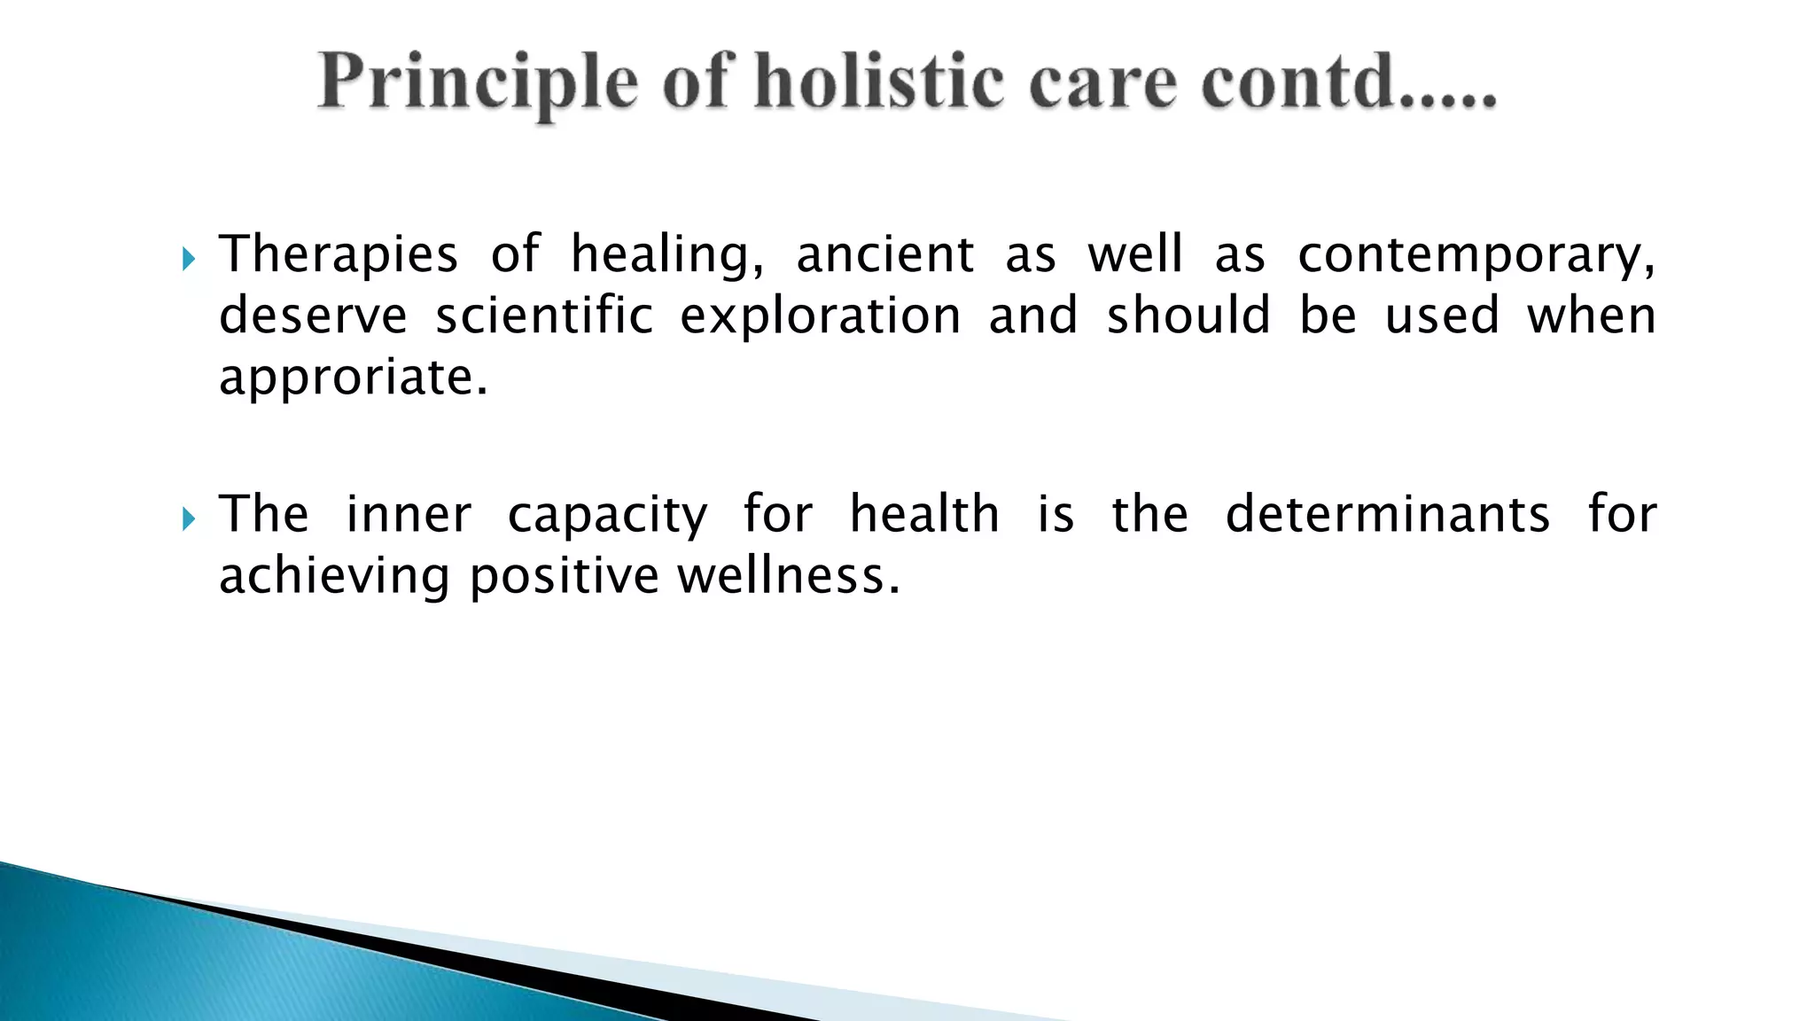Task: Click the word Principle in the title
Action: [x=479, y=82]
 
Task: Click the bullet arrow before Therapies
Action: [x=188, y=259]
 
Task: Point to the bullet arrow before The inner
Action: [x=188, y=518]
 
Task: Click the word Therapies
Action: [x=339, y=254]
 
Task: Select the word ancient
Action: [x=885, y=254]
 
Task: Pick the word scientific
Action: [x=544, y=315]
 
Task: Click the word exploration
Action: [x=821, y=316]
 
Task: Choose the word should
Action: [x=1188, y=315]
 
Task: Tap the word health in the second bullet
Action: [x=924, y=514]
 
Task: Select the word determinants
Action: [x=1387, y=514]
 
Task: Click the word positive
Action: [x=564, y=576]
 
